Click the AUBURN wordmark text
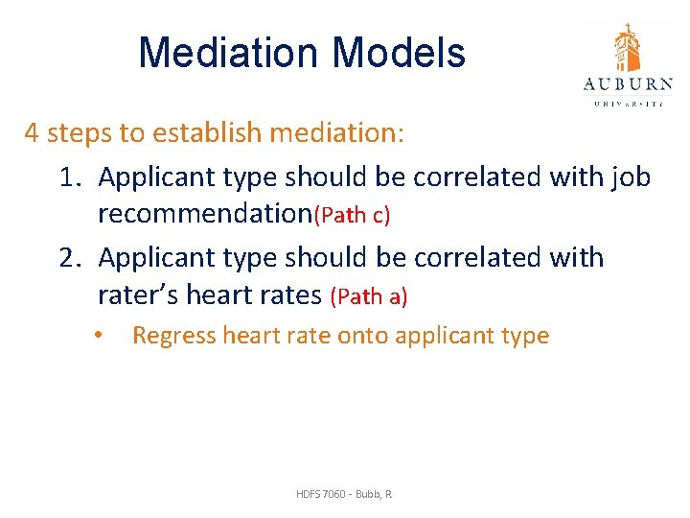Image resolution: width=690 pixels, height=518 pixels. point(628,84)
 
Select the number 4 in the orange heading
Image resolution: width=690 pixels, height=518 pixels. point(32,132)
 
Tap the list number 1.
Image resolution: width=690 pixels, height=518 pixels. point(69,177)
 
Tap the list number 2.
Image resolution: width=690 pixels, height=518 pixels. point(69,258)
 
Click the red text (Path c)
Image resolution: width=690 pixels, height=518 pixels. point(352,215)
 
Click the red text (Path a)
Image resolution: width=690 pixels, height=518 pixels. point(369,296)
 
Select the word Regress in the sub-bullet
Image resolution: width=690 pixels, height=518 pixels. point(173,336)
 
